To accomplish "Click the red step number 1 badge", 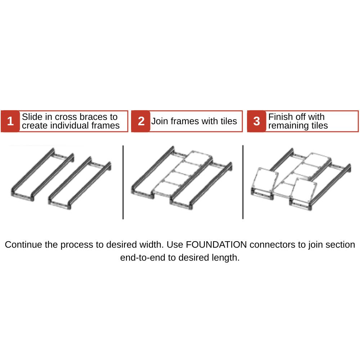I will click(10, 121).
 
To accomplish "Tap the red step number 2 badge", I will click(141, 121).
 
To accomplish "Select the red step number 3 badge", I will click(256, 121).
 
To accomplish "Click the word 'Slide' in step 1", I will click(31, 117).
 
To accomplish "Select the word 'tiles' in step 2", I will click(228, 121).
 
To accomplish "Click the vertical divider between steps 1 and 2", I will click(123, 182).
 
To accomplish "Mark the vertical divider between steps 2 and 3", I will click(243, 182).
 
